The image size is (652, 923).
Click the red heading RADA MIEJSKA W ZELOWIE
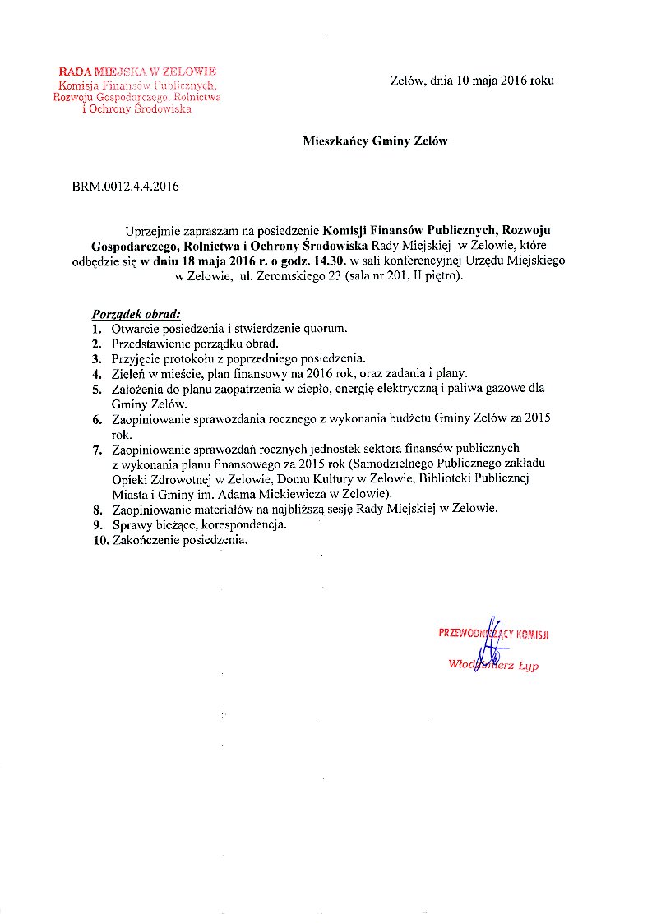[136, 72]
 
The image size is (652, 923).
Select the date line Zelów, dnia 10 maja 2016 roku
[472, 81]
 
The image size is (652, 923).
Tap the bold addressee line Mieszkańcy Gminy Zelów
[375, 141]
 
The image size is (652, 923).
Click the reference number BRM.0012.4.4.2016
[126, 187]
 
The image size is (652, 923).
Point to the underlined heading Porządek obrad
[135, 314]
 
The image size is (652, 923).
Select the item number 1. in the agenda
[97, 329]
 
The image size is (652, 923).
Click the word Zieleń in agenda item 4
[129, 373]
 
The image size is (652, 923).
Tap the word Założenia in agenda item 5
[138, 389]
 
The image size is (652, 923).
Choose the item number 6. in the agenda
[97, 418]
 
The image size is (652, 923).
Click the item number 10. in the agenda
[99, 540]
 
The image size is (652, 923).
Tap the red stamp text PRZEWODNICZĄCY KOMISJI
[493, 634]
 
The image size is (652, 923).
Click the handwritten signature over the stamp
[492, 640]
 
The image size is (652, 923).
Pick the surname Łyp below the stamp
[528, 667]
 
